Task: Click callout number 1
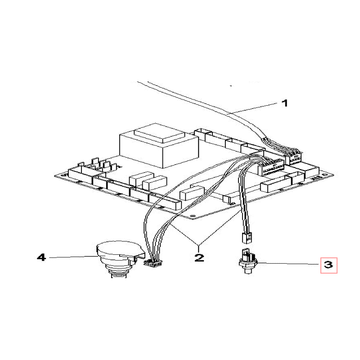coord(285,103)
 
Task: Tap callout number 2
coord(199,257)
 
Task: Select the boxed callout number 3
coord(329,265)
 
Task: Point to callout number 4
coord(41,257)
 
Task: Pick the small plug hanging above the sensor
coord(246,238)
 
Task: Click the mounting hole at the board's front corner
coord(193,216)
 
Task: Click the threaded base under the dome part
coord(118,274)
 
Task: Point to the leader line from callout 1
coord(252,108)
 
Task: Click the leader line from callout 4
coord(73,257)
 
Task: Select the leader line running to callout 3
coord(288,264)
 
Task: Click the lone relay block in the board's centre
coord(192,193)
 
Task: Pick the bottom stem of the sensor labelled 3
coord(248,270)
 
